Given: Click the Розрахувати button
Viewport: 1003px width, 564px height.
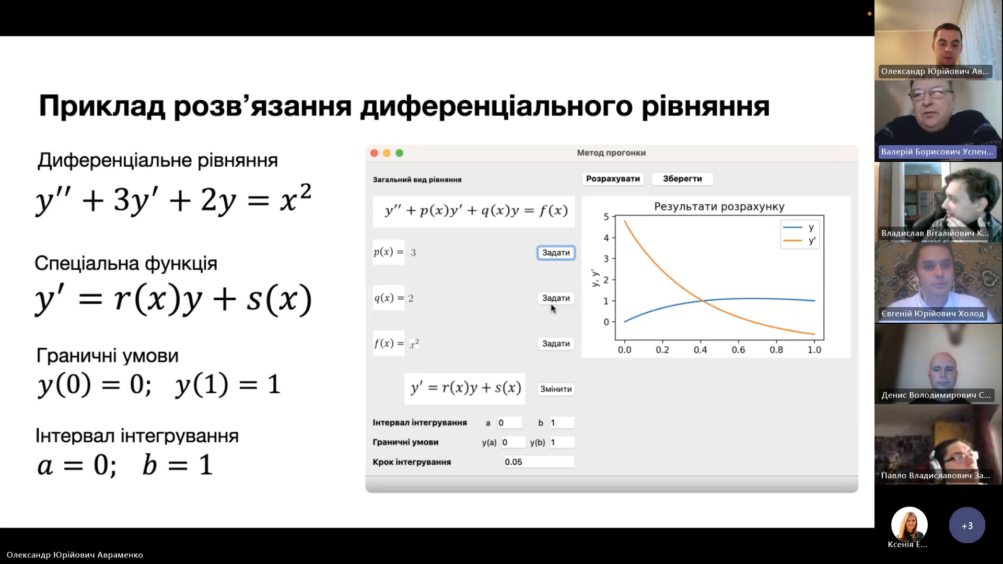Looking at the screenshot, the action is coord(613,179).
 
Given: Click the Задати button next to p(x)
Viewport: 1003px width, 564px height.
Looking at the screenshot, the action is coord(556,253).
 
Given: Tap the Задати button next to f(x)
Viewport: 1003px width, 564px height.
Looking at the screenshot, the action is coord(556,344).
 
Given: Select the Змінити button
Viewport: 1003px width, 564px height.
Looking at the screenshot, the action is coord(556,389).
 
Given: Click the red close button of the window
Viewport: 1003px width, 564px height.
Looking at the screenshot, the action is coord(374,153).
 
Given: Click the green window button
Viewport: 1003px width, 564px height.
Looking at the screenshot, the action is coord(400,153).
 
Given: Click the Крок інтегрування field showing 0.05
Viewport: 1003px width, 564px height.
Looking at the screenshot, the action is coord(539,462).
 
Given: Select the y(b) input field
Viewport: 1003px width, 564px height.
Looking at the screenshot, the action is coord(562,442).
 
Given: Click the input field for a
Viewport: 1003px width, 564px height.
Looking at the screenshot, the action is coord(509,422).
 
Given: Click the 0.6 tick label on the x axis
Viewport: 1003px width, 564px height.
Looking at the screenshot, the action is coord(738,350).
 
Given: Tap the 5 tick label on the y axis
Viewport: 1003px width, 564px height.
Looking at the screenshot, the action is coord(606,217).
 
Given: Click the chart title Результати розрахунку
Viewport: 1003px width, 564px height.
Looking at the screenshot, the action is coord(719,207).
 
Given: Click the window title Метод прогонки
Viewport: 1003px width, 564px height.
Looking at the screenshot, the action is coord(611,153).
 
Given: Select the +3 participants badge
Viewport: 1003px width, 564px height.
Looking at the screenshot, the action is coord(967,525).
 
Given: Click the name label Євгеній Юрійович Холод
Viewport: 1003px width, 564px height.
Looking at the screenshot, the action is coord(932,314).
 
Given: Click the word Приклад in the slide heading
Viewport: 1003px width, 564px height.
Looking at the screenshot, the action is coord(102,106).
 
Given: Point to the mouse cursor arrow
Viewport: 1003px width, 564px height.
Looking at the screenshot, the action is coord(553,309).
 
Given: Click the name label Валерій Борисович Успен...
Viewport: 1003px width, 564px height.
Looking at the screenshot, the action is coord(937,152).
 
